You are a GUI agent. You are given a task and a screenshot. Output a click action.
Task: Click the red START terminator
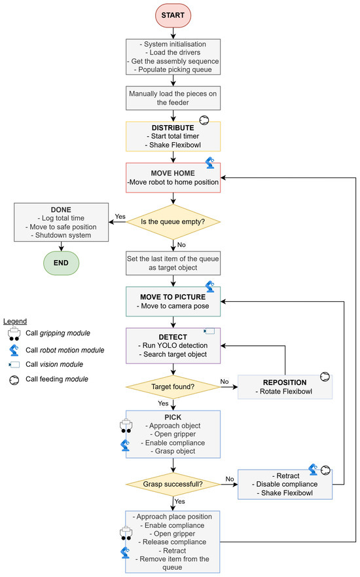point(173,16)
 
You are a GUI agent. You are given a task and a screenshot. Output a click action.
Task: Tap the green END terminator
point(61,263)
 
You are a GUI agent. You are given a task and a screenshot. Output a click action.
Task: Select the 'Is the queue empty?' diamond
point(173,221)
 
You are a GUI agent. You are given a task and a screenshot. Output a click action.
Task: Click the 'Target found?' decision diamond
point(173,387)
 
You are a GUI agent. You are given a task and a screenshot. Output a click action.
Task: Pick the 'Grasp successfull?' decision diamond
point(173,484)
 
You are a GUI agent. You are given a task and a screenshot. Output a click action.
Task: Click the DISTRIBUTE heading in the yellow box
point(173,128)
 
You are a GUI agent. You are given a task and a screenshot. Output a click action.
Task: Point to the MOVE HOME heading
point(173,173)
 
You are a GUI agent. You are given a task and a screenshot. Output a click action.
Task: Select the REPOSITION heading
point(285,382)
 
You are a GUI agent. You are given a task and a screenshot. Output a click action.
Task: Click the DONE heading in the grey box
point(61,210)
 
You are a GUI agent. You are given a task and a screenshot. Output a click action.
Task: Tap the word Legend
point(15,322)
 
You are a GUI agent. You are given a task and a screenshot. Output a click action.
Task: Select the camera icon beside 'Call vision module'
point(14,365)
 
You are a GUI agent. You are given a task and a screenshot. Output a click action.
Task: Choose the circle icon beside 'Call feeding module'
point(14,380)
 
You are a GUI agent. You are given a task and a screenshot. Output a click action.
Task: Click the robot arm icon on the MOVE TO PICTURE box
point(210,286)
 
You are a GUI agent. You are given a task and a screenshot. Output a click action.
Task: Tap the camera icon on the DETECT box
point(209,331)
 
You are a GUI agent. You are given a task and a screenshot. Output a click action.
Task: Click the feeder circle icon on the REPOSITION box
point(325,377)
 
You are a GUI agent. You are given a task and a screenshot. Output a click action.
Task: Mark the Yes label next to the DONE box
point(120,216)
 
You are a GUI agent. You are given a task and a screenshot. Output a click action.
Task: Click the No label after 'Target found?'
point(225,382)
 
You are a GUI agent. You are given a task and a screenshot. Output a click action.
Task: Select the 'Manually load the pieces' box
point(173,98)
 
